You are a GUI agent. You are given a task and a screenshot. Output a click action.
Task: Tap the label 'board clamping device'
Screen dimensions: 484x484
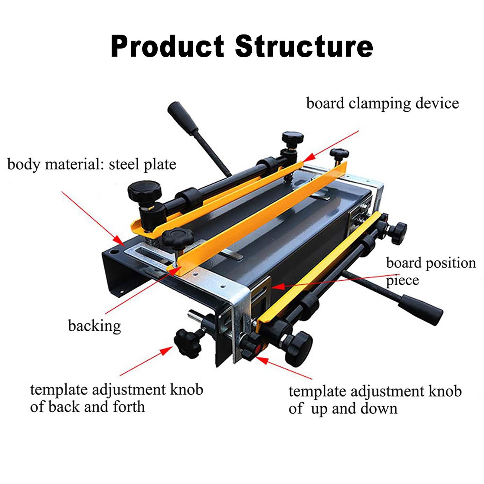pyautogui.click(x=382, y=104)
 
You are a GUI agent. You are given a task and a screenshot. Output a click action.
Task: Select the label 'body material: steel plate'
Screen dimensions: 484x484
pyautogui.click(x=92, y=165)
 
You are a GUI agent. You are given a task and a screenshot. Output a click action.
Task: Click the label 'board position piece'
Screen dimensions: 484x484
pyautogui.click(x=431, y=271)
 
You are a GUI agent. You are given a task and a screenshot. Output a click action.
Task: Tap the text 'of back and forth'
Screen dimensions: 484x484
pyautogui.click(x=87, y=407)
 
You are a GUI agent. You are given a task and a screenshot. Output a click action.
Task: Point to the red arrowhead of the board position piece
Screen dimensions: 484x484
pyautogui.click(x=278, y=286)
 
